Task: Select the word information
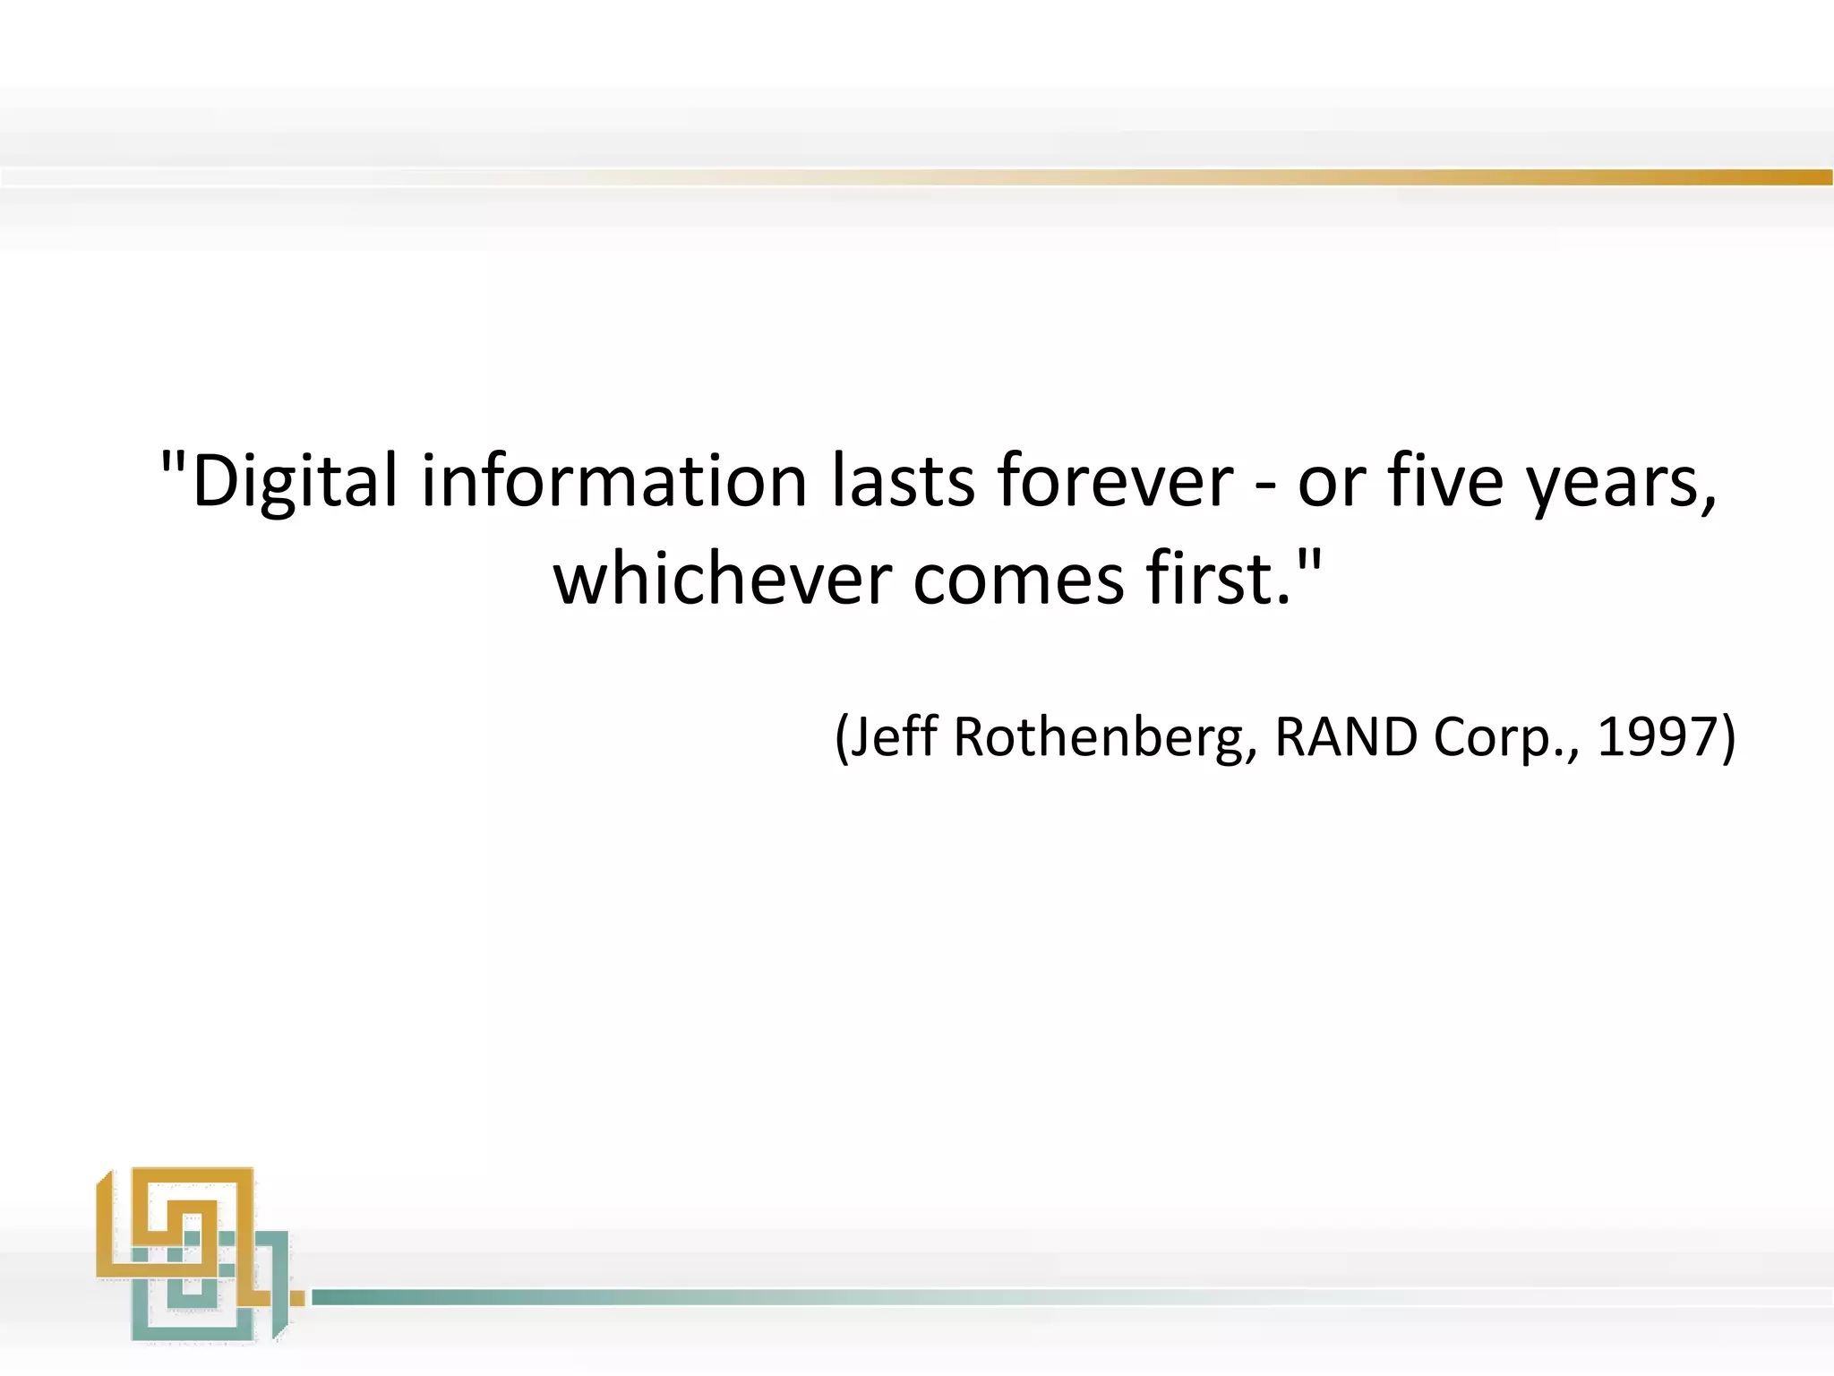point(614,482)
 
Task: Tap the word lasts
point(903,482)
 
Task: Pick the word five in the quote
point(1445,482)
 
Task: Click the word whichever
point(722,579)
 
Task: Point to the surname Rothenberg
point(1099,736)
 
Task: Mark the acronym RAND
point(1346,736)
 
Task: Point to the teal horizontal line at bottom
point(806,1296)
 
